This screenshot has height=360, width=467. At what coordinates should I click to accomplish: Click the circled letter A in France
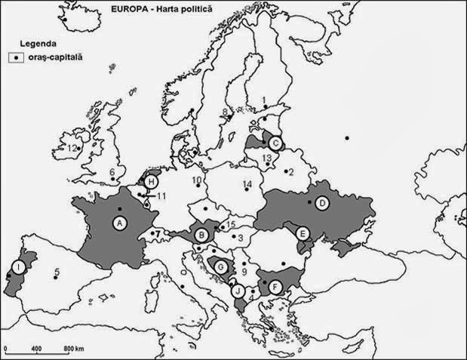118,223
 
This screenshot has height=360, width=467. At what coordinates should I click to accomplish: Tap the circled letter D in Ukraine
321,202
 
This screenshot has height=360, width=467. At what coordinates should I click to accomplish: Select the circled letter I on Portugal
17,267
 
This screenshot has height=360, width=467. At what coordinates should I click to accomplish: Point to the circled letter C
276,143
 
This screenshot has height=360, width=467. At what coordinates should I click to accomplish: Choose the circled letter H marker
152,183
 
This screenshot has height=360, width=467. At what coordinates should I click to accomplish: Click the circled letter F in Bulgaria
276,287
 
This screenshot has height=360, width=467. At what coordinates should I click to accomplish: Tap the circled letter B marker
202,235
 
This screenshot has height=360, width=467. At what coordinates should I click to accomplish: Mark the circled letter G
221,266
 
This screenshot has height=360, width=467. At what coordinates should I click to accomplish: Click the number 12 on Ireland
72,149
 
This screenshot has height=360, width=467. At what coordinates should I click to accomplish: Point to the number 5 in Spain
57,272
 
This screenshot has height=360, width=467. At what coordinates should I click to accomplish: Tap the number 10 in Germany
197,180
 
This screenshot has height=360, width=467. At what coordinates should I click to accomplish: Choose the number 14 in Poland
247,185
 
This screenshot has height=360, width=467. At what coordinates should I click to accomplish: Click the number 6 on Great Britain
112,172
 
